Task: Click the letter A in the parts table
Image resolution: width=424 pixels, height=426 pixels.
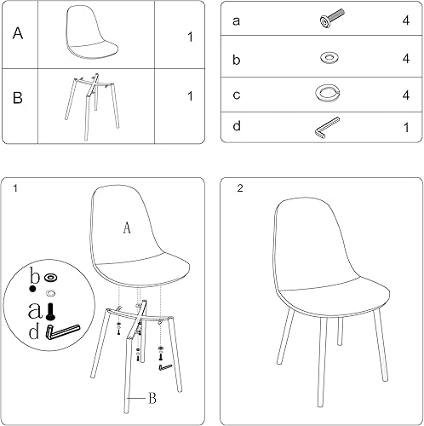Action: pyautogui.click(x=18, y=34)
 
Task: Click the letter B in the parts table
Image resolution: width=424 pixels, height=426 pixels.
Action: pyautogui.click(x=18, y=96)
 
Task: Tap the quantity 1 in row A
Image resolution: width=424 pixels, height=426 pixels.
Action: pyautogui.click(x=189, y=37)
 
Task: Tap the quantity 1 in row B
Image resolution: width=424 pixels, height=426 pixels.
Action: pyautogui.click(x=189, y=95)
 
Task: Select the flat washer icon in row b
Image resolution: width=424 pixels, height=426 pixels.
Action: pyautogui.click(x=327, y=58)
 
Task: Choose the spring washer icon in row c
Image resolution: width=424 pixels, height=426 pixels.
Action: pyautogui.click(x=327, y=93)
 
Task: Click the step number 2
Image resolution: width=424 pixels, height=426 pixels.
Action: pyautogui.click(x=240, y=189)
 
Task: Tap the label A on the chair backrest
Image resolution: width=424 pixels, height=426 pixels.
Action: pyautogui.click(x=126, y=227)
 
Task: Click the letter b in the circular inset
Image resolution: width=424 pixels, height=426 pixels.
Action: pyautogui.click(x=34, y=275)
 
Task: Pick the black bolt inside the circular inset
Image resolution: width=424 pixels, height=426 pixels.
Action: pyautogui.click(x=51, y=311)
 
